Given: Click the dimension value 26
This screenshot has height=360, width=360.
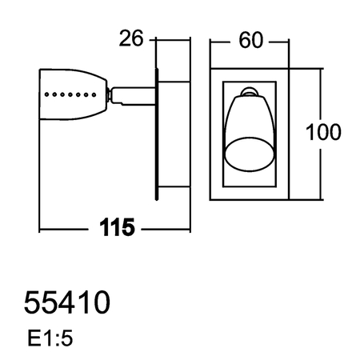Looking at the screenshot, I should click(x=133, y=38).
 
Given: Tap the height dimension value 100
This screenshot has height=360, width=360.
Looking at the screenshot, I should click(x=323, y=133).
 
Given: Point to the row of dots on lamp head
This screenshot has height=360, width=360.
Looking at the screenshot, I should click(x=68, y=94).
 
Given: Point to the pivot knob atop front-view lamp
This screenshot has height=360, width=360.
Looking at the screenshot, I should click(x=249, y=93).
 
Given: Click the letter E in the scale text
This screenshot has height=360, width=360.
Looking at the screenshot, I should click(x=32, y=339).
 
